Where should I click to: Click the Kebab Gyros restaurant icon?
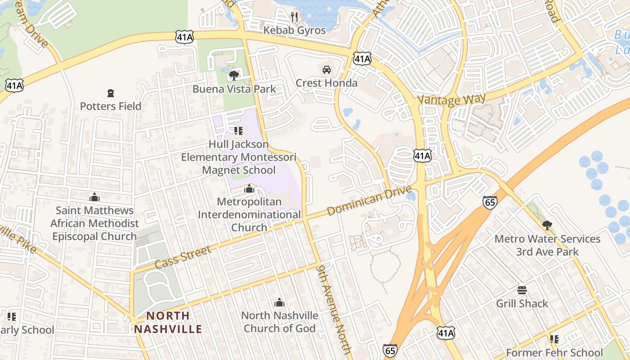coord(294,17)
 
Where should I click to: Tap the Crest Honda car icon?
coord(327,70)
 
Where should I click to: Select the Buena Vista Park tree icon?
coord(234,75)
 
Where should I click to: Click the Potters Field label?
coord(111,106)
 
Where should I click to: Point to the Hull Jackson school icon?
coord(238,131)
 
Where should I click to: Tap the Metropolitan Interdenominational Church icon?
coord(249,189)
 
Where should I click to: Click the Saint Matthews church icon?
coord(94,197)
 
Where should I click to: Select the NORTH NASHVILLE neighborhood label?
coord(168,322)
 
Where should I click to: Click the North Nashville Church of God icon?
coord(279,302)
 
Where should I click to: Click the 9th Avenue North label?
coord(333,308)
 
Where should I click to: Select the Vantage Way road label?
coord(452,99)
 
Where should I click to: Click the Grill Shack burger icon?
coord(522,290)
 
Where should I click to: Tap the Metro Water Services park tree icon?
coord(547,225)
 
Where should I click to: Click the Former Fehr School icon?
coord(554,339)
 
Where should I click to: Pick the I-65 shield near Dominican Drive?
coord(490,202)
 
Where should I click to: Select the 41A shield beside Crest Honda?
coord(362,58)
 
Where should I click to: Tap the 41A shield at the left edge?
coord(14,85)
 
